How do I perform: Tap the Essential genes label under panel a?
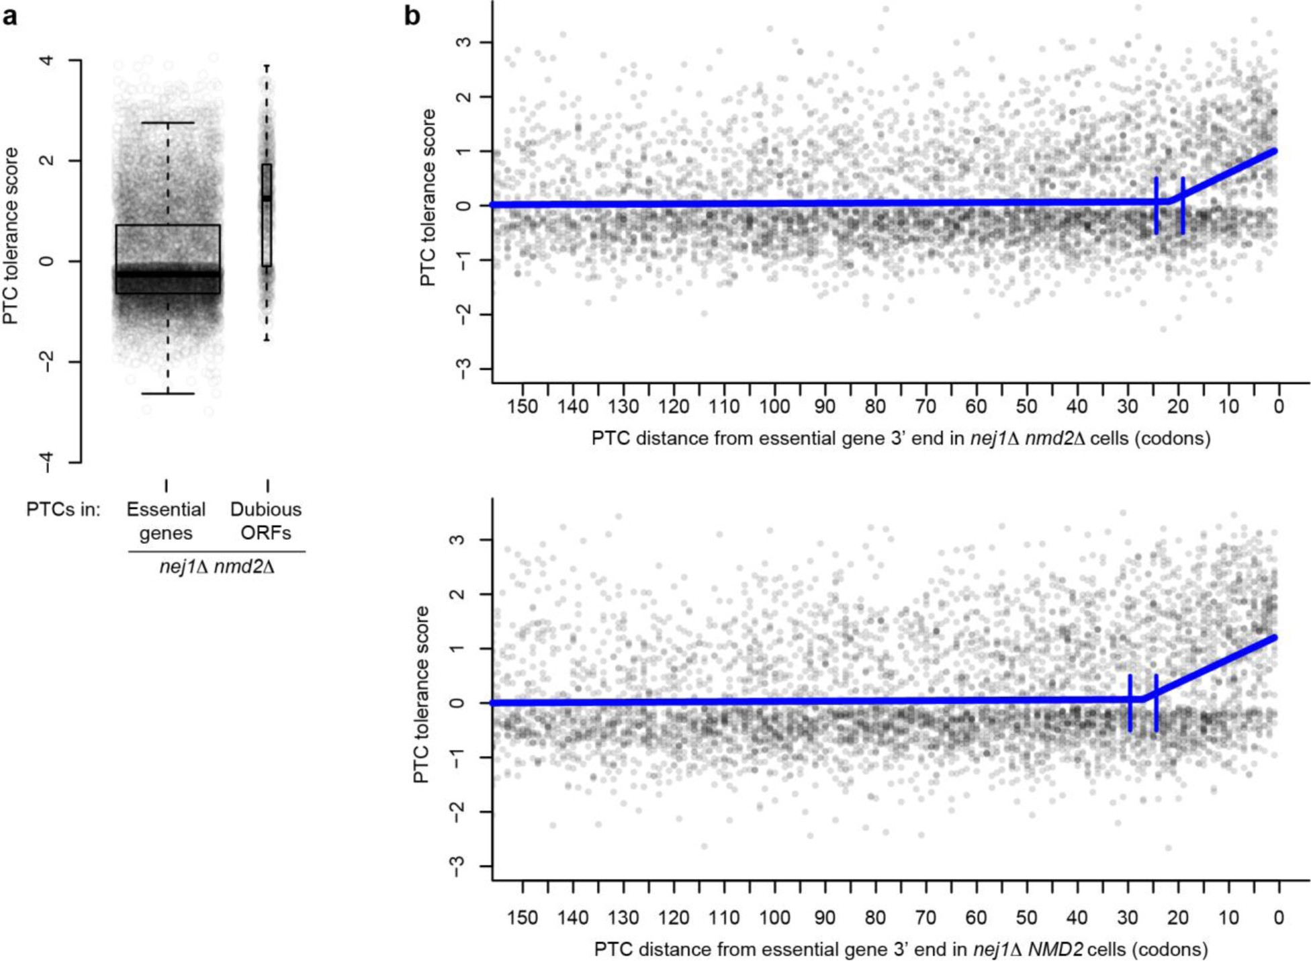point(166,521)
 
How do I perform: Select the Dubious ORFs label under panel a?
point(266,521)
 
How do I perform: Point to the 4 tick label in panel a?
point(47,60)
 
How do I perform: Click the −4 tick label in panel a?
point(47,462)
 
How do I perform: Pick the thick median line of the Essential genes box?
point(168,274)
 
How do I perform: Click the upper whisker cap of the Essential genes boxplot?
point(168,123)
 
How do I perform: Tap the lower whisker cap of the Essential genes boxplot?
point(168,394)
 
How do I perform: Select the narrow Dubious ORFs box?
point(267,215)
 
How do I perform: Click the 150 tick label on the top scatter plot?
point(523,407)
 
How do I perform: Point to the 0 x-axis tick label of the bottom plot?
point(1279,918)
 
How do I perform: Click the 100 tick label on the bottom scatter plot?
point(774,918)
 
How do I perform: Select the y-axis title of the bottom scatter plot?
point(421,694)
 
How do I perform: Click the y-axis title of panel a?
point(11,236)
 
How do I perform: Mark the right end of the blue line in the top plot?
point(1274,151)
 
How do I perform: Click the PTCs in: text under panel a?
point(63,510)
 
